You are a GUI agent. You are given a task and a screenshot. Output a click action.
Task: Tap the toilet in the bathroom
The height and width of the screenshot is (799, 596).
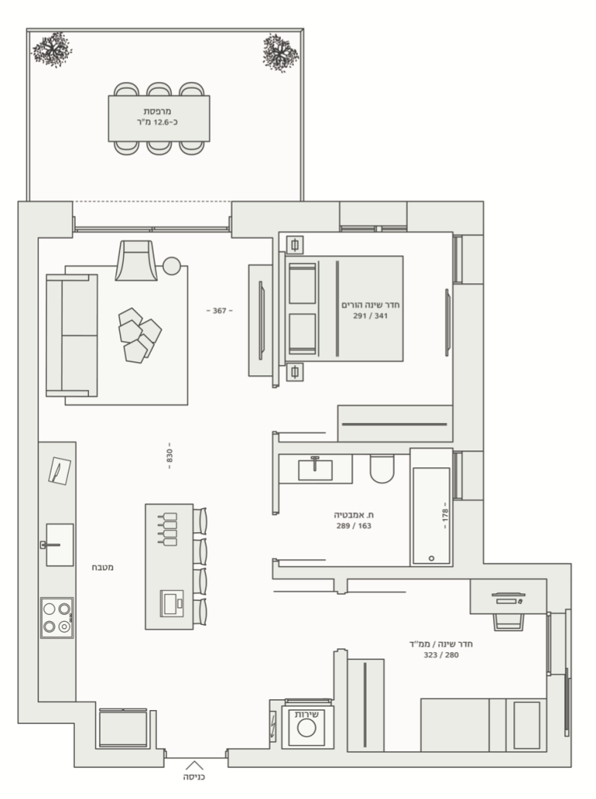pos(382,469)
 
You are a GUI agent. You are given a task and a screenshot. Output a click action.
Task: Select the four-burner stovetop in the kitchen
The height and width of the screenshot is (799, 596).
pos(57,618)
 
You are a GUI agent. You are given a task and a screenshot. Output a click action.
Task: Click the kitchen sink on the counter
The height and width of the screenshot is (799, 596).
pos(59,545)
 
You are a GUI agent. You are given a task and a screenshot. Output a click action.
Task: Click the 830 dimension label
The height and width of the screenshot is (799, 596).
pos(169,456)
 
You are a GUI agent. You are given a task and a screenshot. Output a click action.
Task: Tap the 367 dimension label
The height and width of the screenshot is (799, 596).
pos(219,311)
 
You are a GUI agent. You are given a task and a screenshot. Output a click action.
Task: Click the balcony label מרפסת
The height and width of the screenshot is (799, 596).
pos(158,111)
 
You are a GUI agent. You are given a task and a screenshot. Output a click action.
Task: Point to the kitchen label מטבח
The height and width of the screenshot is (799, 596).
pos(102,567)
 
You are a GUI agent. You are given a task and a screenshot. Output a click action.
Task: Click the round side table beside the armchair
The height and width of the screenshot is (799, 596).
pos(172,266)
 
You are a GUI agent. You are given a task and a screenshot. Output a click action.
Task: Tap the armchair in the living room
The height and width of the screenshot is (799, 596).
pos(136,261)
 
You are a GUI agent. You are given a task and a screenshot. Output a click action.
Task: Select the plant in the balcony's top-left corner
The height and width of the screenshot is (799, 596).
pos(51,49)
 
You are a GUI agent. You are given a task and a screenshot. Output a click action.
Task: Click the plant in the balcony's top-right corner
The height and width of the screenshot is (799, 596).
pos(280,52)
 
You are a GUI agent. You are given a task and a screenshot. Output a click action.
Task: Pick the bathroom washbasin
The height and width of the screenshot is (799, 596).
pos(315,469)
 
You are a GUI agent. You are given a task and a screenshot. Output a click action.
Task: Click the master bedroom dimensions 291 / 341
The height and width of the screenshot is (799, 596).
pos(371,316)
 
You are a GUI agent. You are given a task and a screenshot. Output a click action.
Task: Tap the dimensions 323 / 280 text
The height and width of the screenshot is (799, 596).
pos(441,655)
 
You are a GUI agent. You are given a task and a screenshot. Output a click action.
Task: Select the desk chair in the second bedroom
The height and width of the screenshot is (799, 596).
pos(508,622)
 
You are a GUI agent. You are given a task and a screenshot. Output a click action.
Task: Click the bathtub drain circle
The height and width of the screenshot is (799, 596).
pos(431,559)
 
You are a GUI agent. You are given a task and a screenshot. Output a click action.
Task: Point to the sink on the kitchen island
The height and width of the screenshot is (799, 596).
pos(172,603)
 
